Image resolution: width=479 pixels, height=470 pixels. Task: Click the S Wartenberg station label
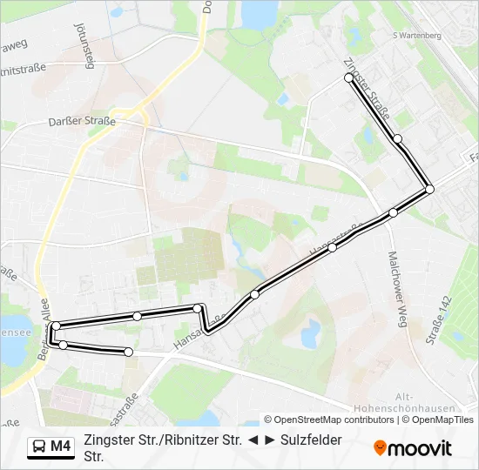(419, 36)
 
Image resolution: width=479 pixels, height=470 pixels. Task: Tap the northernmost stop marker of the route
(349, 77)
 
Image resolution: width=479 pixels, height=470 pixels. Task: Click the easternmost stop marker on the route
(429, 189)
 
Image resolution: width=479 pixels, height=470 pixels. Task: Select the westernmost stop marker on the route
(56, 326)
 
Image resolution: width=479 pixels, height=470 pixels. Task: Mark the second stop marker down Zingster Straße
(397, 138)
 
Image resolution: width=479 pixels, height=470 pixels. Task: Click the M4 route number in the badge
(60, 447)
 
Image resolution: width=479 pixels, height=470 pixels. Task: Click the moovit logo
(413, 448)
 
